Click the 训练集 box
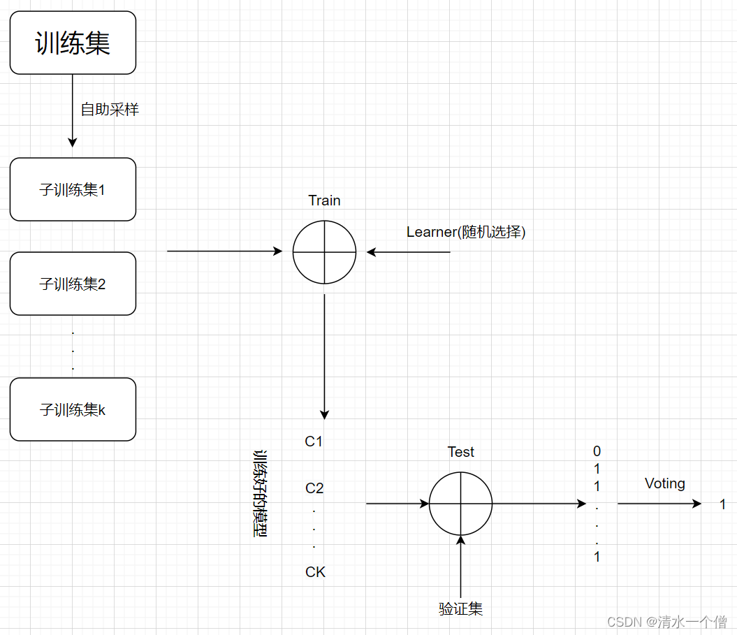pos(73,43)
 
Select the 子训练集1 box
pos(73,189)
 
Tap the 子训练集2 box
pos(73,284)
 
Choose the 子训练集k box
pos(73,409)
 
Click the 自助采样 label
pos(110,109)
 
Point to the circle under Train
pos(324,252)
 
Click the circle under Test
pos(460,504)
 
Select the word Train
pos(324,200)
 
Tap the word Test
pos(460,452)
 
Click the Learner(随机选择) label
pos(466,232)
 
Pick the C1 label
pos(314,441)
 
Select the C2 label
pos(314,488)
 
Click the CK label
pos(315,572)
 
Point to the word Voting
pos(664,483)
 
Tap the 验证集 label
pos(460,609)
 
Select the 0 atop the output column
pos(597,451)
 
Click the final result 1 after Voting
pos(723,504)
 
